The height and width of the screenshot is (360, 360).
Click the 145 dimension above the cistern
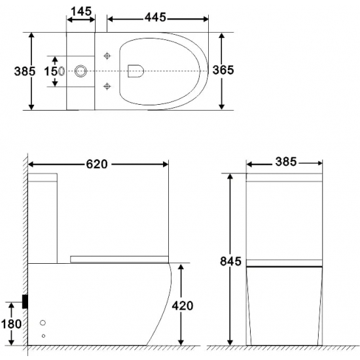[81, 12]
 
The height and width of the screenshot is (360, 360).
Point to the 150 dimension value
[52, 70]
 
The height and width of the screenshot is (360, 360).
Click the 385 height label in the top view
[14, 70]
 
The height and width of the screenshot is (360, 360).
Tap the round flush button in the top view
[82, 70]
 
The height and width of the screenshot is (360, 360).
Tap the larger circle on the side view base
[44, 323]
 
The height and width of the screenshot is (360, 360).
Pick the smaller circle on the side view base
[44, 336]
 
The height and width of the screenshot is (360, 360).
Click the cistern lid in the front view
[284, 177]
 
